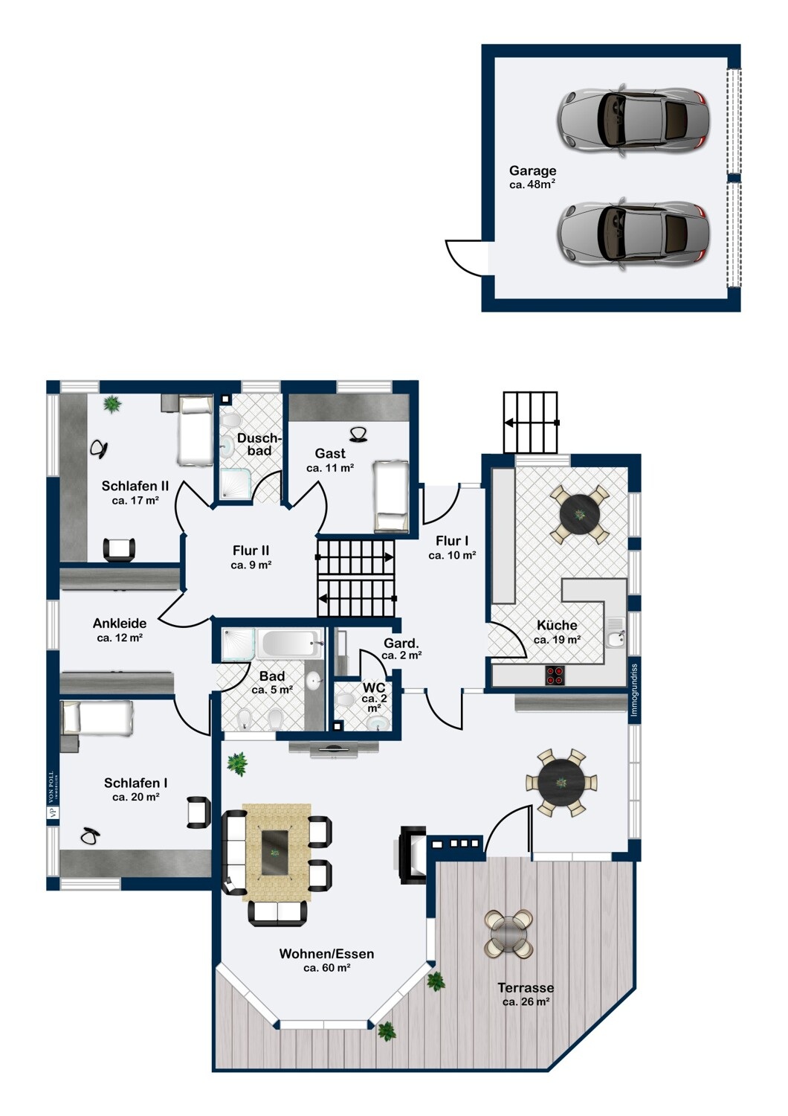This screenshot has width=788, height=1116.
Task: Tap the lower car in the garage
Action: point(633,234)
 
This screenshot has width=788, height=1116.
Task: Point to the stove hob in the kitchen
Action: point(555,675)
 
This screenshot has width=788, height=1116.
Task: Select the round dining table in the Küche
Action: point(579,513)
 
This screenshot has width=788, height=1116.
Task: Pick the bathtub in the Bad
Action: point(289,643)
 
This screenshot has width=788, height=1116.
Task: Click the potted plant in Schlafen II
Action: point(112,403)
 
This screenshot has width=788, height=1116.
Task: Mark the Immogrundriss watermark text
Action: point(633,690)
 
